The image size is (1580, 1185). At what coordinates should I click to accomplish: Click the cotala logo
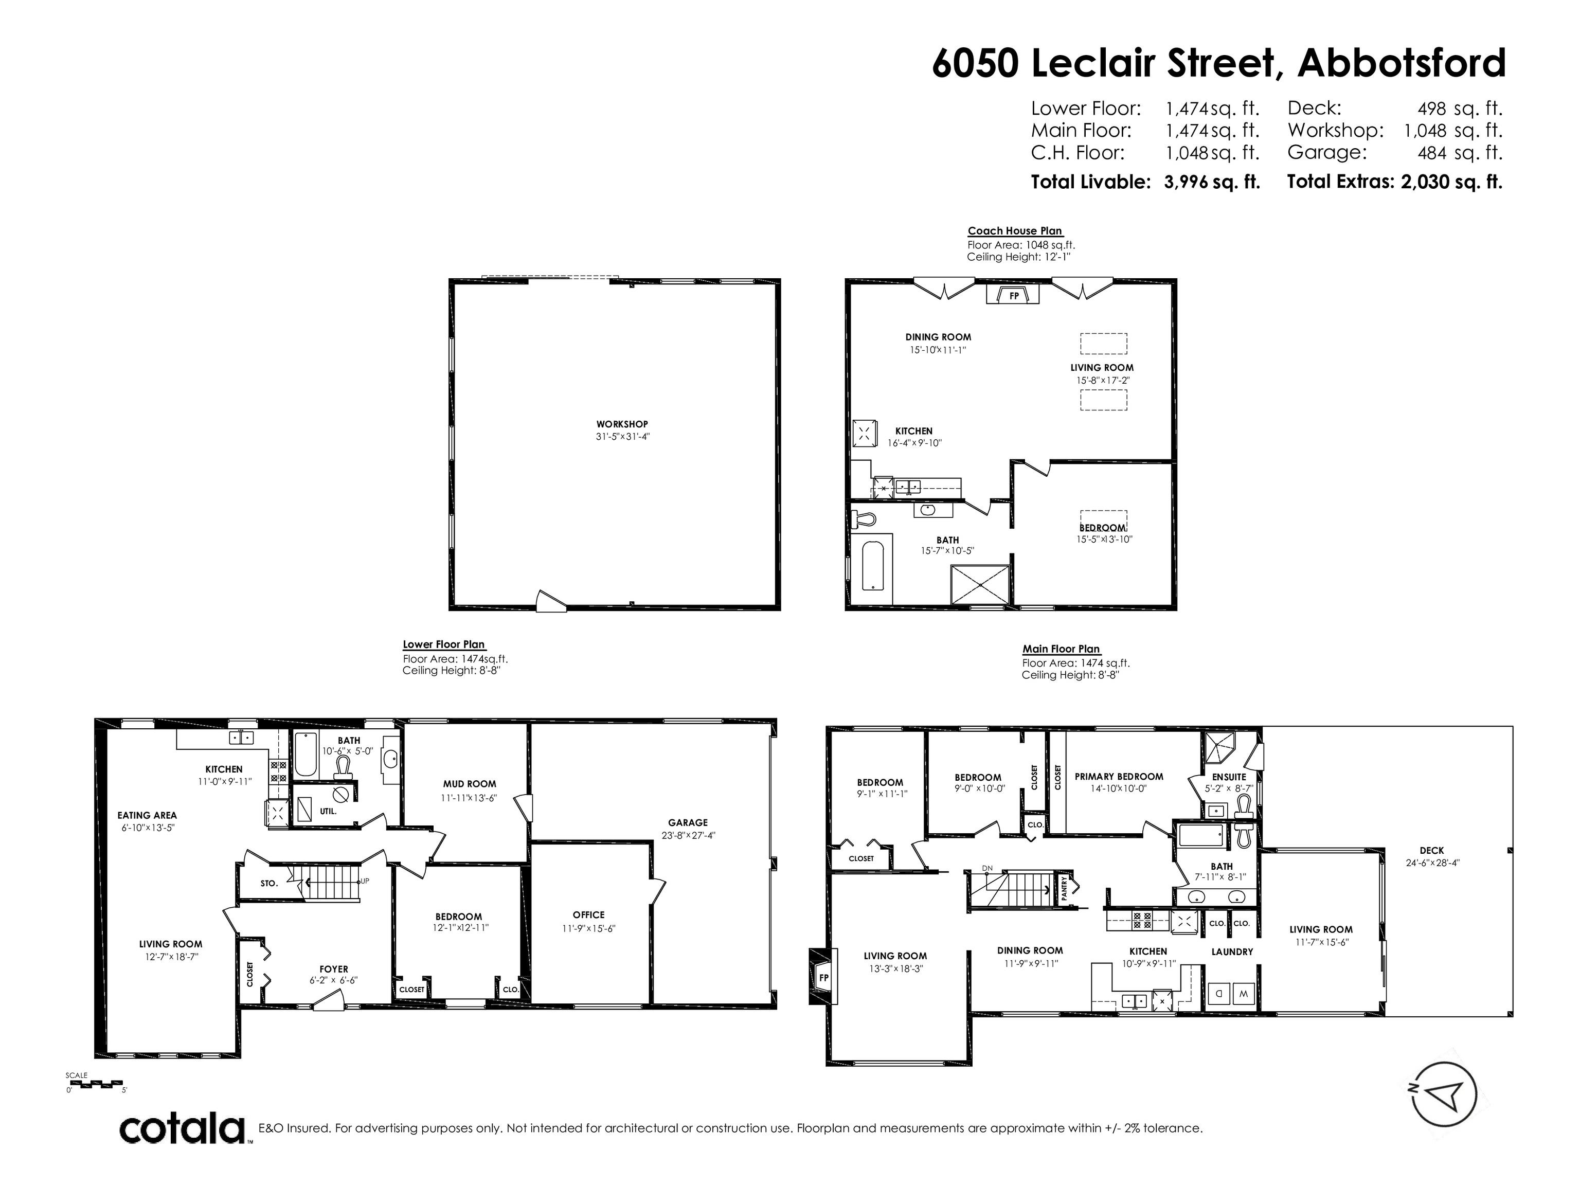(x=182, y=1129)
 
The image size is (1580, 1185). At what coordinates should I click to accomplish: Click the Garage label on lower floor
(x=688, y=823)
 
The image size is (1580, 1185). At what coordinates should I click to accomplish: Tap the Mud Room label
(x=469, y=784)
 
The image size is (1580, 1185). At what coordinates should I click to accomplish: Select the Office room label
(x=588, y=915)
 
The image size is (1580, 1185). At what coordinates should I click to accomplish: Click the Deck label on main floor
(x=1431, y=851)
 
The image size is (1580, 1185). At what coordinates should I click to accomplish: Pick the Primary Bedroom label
(x=1119, y=777)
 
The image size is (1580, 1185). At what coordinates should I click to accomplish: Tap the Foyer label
(x=334, y=969)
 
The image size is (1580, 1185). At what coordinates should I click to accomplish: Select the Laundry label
(x=1232, y=951)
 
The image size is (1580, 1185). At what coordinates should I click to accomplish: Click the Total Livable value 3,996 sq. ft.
(x=1212, y=182)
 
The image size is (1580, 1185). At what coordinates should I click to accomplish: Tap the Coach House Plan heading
(x=1015, y=231)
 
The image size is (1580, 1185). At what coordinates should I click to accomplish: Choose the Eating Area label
(x=147, y=815)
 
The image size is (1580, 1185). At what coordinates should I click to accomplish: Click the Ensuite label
(x=1229, y=777)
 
